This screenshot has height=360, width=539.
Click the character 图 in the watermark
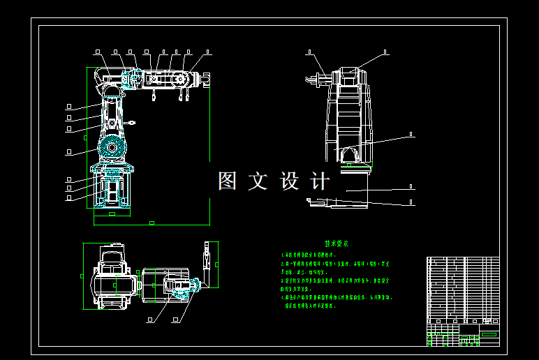(228, 181)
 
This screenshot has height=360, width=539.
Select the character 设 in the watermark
(290, 181)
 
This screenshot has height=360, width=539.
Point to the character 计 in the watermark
(320, 181)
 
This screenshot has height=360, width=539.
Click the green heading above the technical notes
(337, 244)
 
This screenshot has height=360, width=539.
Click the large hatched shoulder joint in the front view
(111, 149)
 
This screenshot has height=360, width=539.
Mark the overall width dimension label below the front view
(152, 223)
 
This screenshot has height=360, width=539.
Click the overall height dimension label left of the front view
(85, 137)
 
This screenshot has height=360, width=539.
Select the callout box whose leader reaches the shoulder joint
(68, 151)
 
